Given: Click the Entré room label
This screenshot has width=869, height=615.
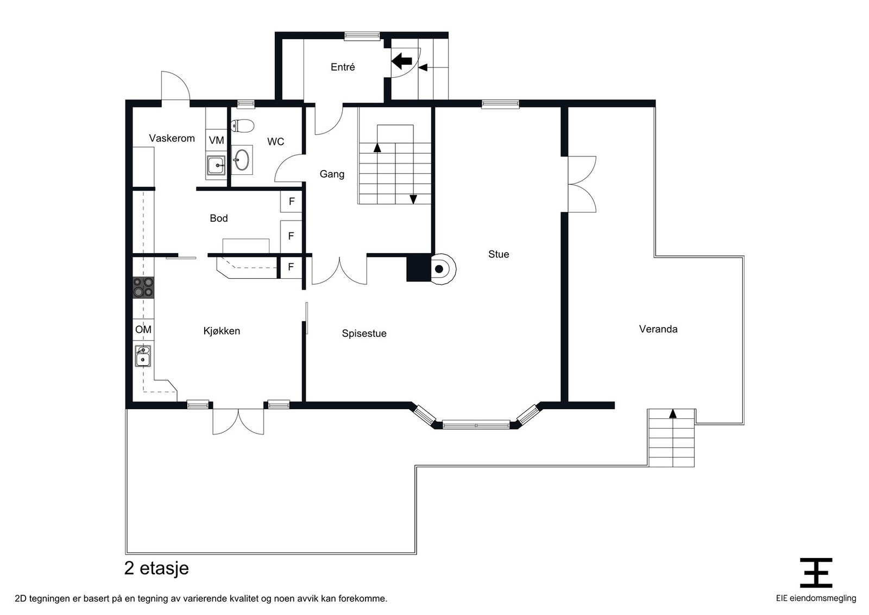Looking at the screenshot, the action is (x=343, y=67).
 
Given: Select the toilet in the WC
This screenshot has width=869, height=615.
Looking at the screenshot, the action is (x=242, y=125).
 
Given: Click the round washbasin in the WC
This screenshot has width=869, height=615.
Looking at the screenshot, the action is (x=242, y=160).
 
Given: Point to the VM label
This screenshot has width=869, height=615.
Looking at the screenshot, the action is (x=217, y=140).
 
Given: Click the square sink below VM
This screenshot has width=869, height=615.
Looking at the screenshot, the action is (x=216, y=166).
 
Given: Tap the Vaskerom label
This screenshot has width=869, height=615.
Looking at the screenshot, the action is (x=172, y=138).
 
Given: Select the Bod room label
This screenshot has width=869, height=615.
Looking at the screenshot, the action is (x=219, y=218).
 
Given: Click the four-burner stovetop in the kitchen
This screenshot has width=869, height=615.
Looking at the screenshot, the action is (x=143, y=287).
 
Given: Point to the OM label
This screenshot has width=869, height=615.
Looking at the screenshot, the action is (x=143, y=329).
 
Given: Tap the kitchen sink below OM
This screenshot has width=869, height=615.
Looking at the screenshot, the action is (x=143, y=356).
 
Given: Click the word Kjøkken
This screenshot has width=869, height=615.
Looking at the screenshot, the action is (x=222, y=331).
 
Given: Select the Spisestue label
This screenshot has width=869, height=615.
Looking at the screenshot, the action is (x=364, y=333).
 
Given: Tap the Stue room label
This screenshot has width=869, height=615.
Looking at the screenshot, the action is (x=499, y=254).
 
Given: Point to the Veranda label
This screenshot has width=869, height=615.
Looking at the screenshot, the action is (x=658, y=329).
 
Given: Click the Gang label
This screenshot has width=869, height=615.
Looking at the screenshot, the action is (x=332, y=174).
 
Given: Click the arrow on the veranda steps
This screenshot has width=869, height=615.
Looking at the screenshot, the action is (x=673, y=413).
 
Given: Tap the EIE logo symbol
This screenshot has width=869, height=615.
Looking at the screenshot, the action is (x=816, y=573).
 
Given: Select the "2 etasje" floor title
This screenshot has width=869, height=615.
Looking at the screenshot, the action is (x=156, y=568).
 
